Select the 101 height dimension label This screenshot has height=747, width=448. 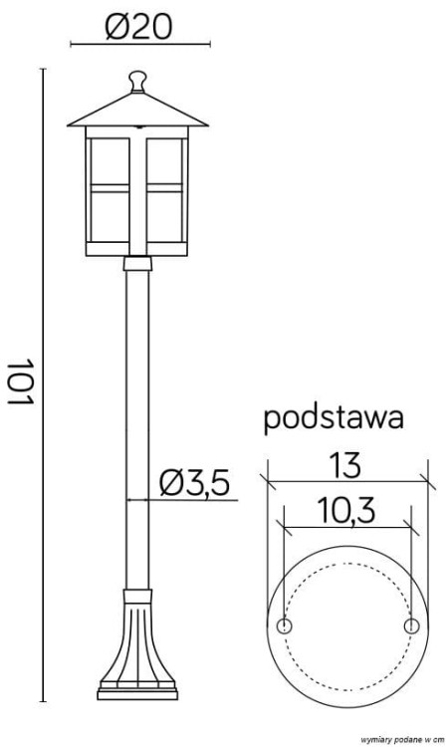22,380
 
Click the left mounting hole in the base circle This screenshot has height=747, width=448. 285,625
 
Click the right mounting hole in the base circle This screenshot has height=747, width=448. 411,625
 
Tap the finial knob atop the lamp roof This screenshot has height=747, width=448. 138,79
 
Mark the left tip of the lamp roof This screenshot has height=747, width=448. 69,125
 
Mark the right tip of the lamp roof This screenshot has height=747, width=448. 208,125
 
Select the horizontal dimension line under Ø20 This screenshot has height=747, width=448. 138,45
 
